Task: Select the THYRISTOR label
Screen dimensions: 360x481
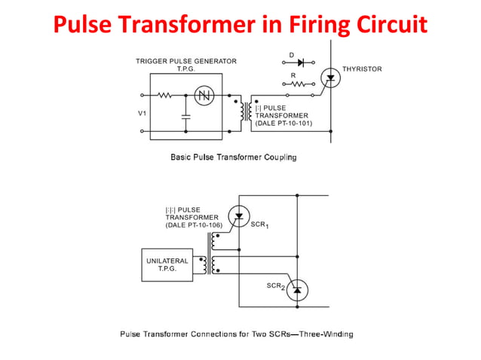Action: pyautogui.click(x=362, y=69)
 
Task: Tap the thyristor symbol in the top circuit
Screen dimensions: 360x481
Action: pyautogui.click(x=328, y=76)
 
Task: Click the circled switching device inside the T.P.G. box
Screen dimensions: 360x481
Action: pyautogui.click(x=204, y=96)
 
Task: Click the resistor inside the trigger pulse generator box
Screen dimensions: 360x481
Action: pyautogui.click(x=165, y=96)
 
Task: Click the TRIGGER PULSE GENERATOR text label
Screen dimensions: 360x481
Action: pyautogui.click(x=185, y=61)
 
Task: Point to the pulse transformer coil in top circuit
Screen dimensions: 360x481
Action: pyautogui.click(x=244, y=111)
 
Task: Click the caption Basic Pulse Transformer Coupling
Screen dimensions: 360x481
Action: pyautogui.click(x=233, y=157)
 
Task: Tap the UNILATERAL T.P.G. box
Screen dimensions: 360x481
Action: pyautogui.click(x=167, y=264)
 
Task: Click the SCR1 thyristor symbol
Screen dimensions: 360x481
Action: pyautogui.click(x=239, y=216)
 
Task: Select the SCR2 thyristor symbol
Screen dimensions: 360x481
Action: pyautogui.click(x=296, y=288)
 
